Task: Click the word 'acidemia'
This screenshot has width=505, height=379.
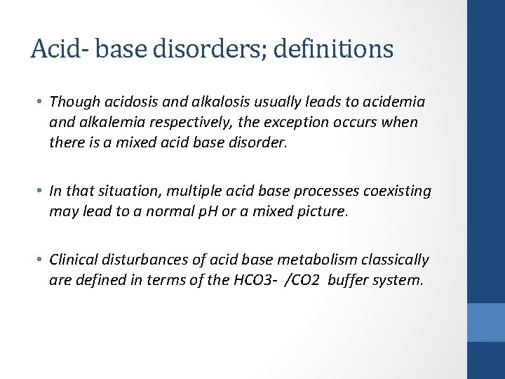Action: coord(396,102)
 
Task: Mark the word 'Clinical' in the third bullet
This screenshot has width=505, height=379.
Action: coord(76,260)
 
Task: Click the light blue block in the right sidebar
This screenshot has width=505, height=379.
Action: coord(486,322)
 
